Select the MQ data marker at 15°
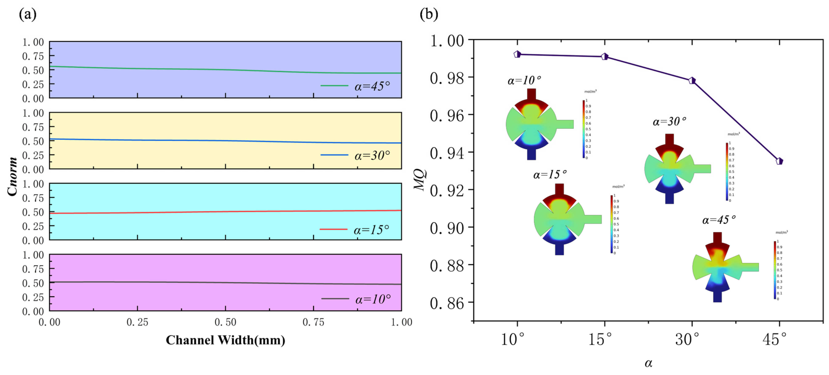tap(605, 57)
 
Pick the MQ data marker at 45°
tap(779, 161)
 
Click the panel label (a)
tap(28, 15)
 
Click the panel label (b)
tap(429, 15)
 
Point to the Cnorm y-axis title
tap(12, 176)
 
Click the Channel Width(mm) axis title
tap(225, 340)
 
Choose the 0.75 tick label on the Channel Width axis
tap(313, 322)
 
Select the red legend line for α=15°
tap(333, 229)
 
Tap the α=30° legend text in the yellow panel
tap(372, 156)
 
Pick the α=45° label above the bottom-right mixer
tap(719, 220)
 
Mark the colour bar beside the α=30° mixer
tap(727, 172)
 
